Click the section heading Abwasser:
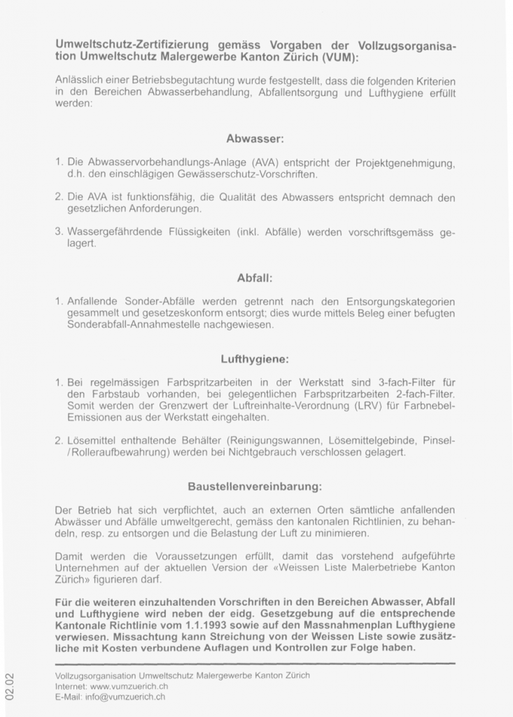(255, 139)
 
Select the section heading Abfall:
(255, 278)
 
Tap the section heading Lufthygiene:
(255, 359)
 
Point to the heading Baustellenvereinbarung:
(255, 486)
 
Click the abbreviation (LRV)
(363, 406)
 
